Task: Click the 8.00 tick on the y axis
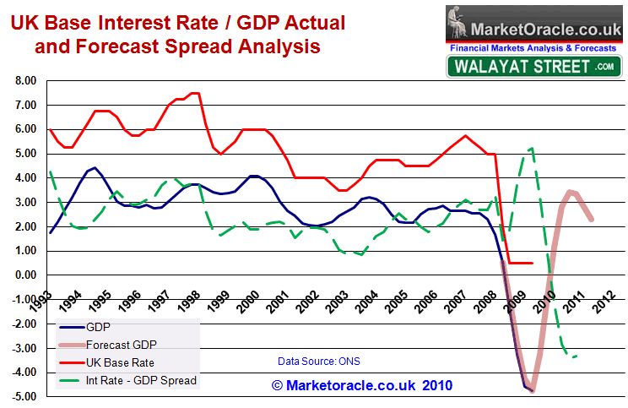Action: point(23,81)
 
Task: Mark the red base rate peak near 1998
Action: point(196,93)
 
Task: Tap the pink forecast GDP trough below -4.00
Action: point(532,389)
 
